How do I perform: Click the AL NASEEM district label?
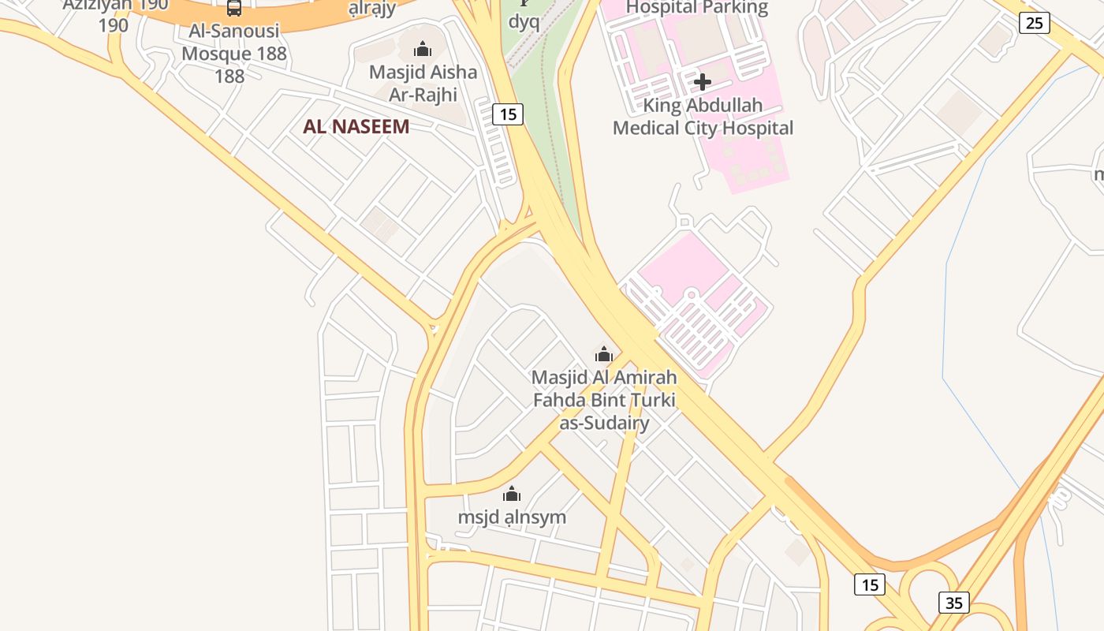click(x=356, y=126)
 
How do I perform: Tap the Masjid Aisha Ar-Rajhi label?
click(x=423, y=83)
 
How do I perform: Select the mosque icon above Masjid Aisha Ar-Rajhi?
click(x=423, y=50)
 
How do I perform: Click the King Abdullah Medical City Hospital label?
click(x=703, y=117)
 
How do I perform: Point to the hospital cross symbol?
click(x=702, y=81)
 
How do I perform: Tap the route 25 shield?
click(x=1034, y=23)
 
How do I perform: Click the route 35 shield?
click(x=954, y=603)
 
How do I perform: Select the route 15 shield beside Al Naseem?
click(x=508, y=114)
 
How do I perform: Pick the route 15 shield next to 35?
click(x=869, y=584)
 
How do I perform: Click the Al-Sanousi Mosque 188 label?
click(x=234, y=43)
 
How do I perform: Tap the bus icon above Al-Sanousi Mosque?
click(x=234, y=9)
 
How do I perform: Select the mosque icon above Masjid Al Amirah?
click(x=604, y=354)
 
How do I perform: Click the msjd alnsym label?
click(x=512, y=517)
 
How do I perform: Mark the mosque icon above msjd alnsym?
click(x=512, y=495)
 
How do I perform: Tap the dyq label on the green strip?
click(x=524, y=21)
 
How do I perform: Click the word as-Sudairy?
click(x=604, y=423)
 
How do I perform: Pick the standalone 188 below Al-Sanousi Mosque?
click(x=229, y=77)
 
